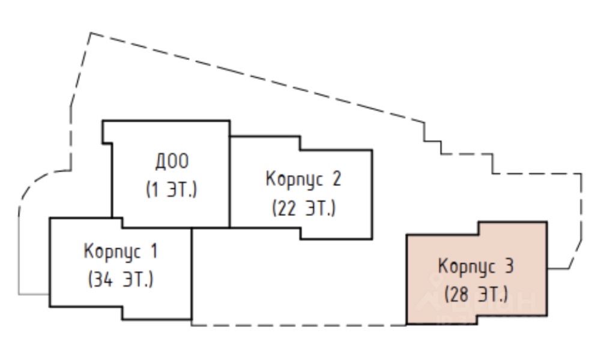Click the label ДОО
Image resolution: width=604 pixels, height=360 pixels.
(172, 161)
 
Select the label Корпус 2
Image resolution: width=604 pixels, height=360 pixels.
(302, 179)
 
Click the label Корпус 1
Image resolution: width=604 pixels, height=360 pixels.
(121, 251)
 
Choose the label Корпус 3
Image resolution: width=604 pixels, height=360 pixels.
(476, 266)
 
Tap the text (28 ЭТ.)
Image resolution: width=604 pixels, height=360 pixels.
(476, 295)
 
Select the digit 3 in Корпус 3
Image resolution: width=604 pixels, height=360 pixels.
(509, 266)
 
